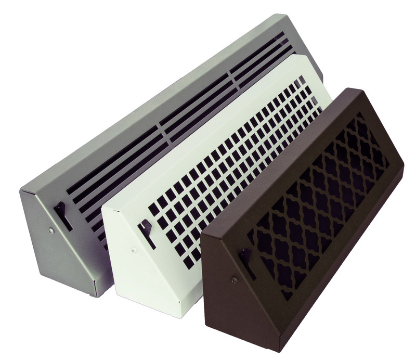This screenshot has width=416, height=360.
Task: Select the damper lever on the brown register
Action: click(246, 260)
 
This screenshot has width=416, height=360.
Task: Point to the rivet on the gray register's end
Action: click(51, 230)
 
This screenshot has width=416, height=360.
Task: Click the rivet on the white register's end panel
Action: click(135, 250)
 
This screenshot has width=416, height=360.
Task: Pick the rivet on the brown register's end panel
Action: click(233, 280)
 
